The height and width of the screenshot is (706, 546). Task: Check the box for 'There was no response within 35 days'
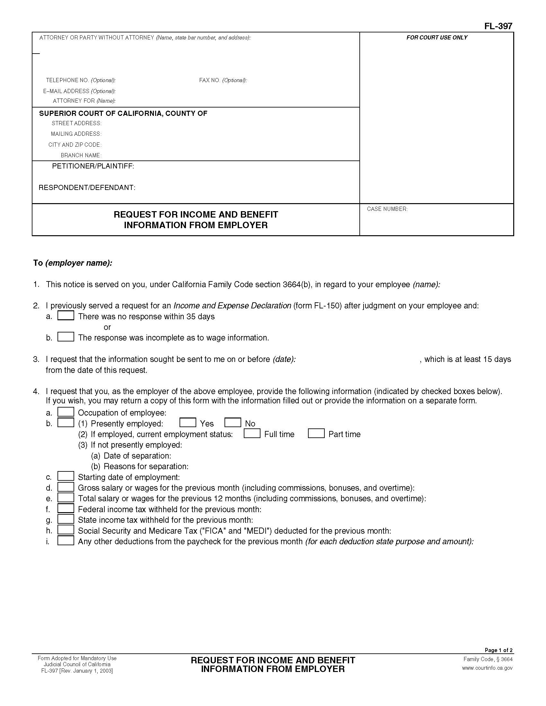[x=66, y=315]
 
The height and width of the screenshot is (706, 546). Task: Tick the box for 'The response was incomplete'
[x=66, y=337]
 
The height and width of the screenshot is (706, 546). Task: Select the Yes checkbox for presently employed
[x=188, y=423]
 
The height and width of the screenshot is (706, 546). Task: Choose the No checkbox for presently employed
[x=233, y=423]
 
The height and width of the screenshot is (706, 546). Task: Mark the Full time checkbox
[x=252, y=433]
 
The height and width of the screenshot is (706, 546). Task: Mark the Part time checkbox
[x=316, y=433]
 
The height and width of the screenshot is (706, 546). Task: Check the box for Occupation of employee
[x=66, y=412]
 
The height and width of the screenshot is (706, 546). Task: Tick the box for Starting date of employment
[x=66, y=476]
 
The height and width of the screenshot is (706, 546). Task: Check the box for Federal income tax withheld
[x=66, y=509]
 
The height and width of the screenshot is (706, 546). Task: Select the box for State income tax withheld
[x=66, y=519]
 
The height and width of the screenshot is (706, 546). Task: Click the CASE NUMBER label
[x=387, y=209]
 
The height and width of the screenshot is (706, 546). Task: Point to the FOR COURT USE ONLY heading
[x=437, y=38]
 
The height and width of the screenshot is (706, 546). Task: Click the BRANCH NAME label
[x=81, y=156]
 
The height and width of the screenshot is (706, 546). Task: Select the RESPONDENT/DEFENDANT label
[x=87, y=187]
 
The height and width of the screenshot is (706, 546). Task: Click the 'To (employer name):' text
[x=73, y=263]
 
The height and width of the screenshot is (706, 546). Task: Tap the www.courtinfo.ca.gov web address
[x=487, y=668]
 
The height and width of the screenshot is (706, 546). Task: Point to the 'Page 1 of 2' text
[x=498, y=650]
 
